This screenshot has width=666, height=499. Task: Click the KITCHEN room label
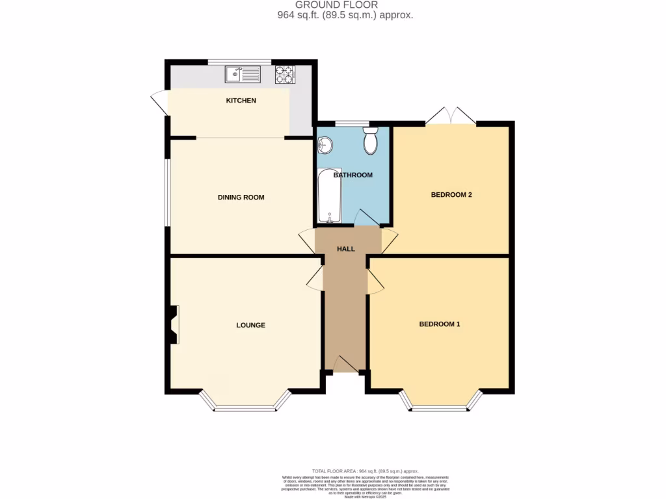[241, 101]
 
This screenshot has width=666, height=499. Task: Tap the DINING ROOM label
[241, 197]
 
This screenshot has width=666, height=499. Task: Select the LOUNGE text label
[250, 325]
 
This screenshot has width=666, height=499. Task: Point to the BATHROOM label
[353, 175]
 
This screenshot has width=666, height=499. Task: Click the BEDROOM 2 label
[451, 194]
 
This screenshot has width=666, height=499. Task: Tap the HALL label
[345, 249]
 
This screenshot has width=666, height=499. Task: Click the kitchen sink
[242, 75]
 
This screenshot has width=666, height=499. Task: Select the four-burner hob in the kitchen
[284, 75]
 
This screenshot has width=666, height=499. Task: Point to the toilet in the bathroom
[371, 141]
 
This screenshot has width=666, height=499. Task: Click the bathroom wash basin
[325, 146]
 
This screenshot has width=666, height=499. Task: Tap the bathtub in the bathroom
[329, 196]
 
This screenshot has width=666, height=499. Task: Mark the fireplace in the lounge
[174, 325]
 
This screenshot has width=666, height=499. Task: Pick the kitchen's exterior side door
[160, 104]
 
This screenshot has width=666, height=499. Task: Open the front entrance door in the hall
[345, 365]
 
